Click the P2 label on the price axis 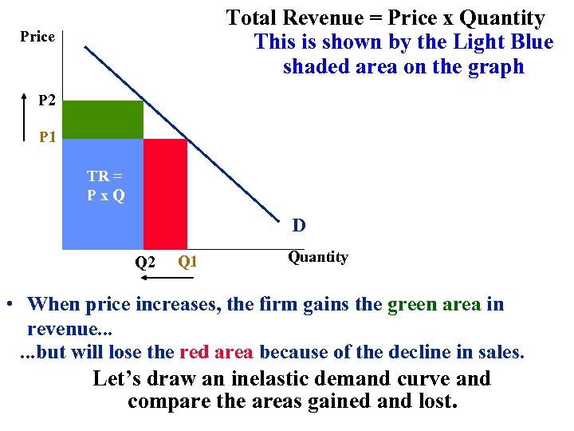click(48, 101)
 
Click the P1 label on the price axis click(48, 138)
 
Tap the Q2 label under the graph click(144, 262)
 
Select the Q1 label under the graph click(187, 260)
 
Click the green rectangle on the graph click(103, 120)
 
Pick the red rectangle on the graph click(165, 193)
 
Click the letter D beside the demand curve click(298, 225)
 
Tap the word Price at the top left click(37, 37)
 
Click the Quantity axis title click(317, 257)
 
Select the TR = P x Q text click(105, 186)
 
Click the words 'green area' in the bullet click(434, 304)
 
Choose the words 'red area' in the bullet click(217, 352)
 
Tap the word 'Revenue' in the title click(322, 18)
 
